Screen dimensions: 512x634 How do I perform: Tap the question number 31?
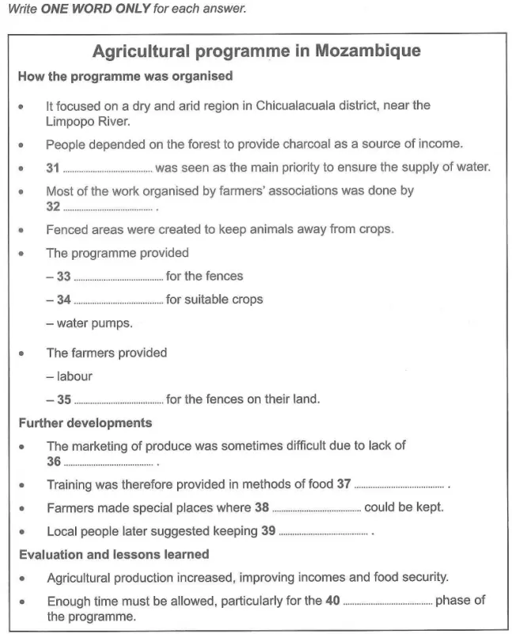click(x=53, y=167)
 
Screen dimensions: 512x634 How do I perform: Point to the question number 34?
click(x=63, y=300)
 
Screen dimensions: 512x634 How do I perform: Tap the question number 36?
click(x=53, y=461)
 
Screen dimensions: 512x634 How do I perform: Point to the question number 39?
click(x=267, y=531)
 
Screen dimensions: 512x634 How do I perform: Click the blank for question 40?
click(x=387, y=602)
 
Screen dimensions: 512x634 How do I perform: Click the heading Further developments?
click(x=85, y=422)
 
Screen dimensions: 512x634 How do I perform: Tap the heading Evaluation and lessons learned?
click(x=113, y=554)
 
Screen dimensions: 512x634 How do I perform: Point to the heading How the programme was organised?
click(x=125, y=77)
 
